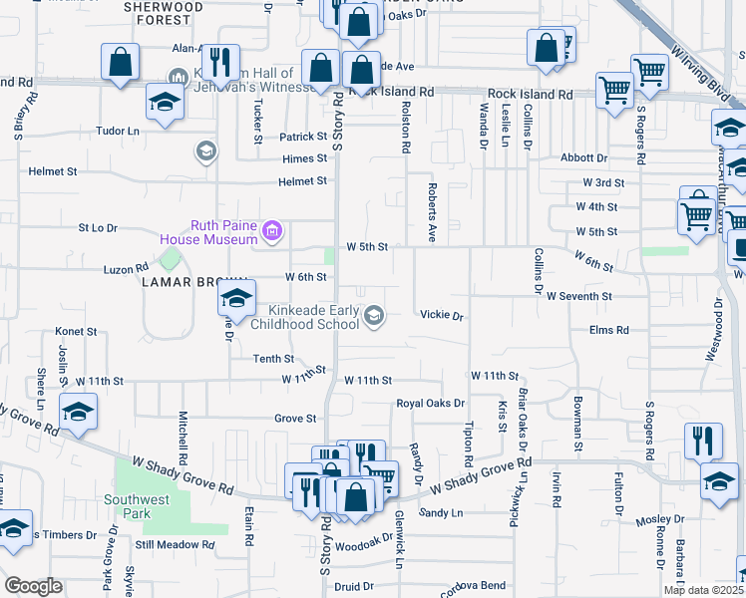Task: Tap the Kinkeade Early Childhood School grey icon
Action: point(374,317)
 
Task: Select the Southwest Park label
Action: point(127,506)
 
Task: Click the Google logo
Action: point(33,586)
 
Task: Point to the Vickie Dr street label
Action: point(442,316)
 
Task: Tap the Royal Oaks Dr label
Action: point(431,404)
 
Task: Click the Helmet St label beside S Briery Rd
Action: point(26,171)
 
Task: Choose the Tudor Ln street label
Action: point(117,131)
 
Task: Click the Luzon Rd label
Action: point(126,268)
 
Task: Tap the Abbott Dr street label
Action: point(583,157)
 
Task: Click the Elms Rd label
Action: point(609,329)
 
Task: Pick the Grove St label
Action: point(295,419)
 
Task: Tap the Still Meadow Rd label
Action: point(176,545)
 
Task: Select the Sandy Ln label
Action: point(441,512)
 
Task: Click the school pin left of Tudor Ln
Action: point(165,102)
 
